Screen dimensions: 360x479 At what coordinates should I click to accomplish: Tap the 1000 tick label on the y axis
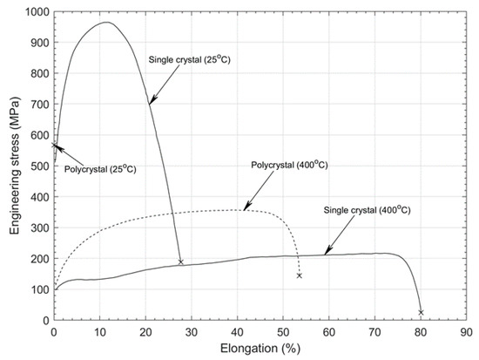click(x=35, y=12)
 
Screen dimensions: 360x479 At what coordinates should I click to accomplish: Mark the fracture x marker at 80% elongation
click(x=421, y=312)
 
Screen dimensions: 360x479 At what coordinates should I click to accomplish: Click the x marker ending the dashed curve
click(x=300, y=275)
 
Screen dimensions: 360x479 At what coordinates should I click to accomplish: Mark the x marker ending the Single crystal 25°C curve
click(x=181, y=262)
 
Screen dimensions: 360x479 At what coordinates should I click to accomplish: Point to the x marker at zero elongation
click(x=54, y=146)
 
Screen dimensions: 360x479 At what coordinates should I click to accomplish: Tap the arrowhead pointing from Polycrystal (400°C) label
click(x=245, y=209)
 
